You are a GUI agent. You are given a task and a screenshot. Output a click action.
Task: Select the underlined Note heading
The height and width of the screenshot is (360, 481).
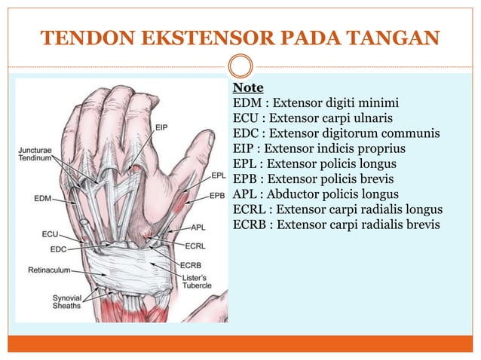[x=248, y=89]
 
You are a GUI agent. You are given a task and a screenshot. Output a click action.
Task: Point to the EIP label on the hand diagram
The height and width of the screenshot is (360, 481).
[x=162, y=127]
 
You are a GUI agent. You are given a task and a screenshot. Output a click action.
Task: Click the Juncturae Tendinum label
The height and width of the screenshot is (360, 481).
[x=34, y=154]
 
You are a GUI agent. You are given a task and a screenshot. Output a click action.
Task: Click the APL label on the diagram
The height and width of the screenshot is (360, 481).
[x=199, y=226]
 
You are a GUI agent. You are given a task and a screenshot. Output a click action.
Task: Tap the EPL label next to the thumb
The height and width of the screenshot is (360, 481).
[x=218, y=175]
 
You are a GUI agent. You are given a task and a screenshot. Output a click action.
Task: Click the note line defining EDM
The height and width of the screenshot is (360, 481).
[x=315, y=103]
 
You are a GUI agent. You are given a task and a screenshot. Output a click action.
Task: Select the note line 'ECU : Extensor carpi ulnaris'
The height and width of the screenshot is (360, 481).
[x=313, y=118]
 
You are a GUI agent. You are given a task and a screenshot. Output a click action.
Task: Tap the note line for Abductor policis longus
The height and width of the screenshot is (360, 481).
[x=316, y=194]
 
